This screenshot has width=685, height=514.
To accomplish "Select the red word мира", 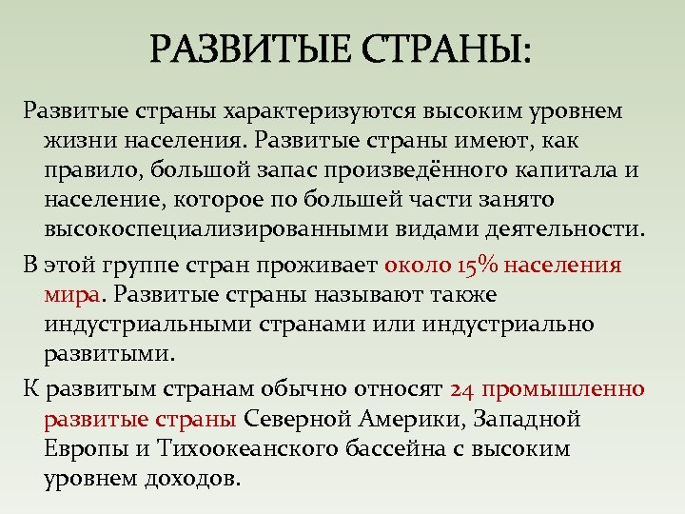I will coord(71,295).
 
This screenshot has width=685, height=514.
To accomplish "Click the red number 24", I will coord(461,390).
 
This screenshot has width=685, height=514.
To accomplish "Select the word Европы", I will coord(81,449).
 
